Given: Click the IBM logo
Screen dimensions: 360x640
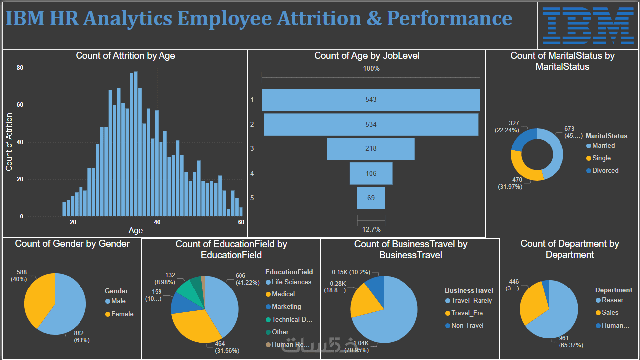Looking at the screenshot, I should [588, 25].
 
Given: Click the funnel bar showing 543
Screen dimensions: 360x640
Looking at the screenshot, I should [371, 100].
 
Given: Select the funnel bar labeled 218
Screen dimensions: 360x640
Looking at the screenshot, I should [371, 149].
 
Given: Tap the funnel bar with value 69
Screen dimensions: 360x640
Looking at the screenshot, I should [371, 198].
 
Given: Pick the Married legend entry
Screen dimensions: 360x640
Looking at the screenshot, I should [603, 146].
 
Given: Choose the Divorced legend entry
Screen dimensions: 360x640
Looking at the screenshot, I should [605, 170].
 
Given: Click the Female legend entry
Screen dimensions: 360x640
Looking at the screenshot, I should [122, 314].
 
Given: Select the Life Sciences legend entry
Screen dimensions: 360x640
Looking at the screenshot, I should [291, 282].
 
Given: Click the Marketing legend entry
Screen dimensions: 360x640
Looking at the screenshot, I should [287, 307].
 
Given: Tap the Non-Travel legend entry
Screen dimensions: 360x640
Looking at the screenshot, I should [467, 325].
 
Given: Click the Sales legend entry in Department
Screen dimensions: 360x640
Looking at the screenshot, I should [610, 312].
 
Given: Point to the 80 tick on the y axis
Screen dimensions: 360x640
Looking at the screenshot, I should [20, 68].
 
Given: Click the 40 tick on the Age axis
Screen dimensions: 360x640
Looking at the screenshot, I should [157, 222].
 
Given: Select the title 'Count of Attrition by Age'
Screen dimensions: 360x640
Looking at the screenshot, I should [125, 56].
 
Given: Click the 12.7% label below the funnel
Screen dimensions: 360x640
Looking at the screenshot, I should [371, 229].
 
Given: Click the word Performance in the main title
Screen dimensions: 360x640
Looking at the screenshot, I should [449, 19].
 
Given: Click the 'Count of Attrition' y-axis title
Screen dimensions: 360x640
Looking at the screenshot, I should [9, 142].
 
